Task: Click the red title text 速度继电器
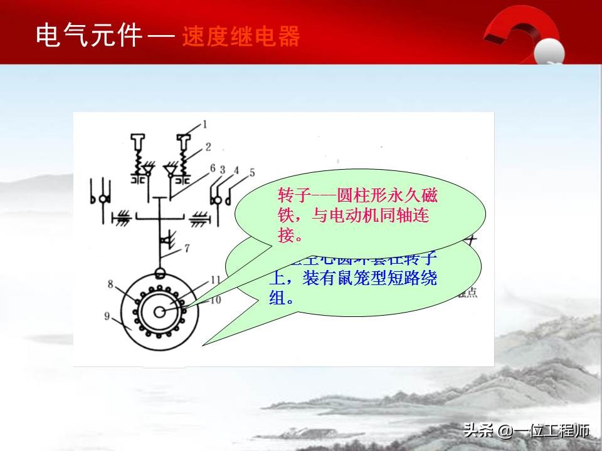coord(241,37)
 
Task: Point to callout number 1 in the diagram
coord(204,125)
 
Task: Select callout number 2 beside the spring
coord(208,148)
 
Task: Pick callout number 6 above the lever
coord(213,168)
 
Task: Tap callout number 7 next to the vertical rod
coord(186,247)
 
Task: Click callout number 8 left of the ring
coord(110,284)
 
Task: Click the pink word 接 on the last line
coord(285,236)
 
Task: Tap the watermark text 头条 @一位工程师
coord(526,431)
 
